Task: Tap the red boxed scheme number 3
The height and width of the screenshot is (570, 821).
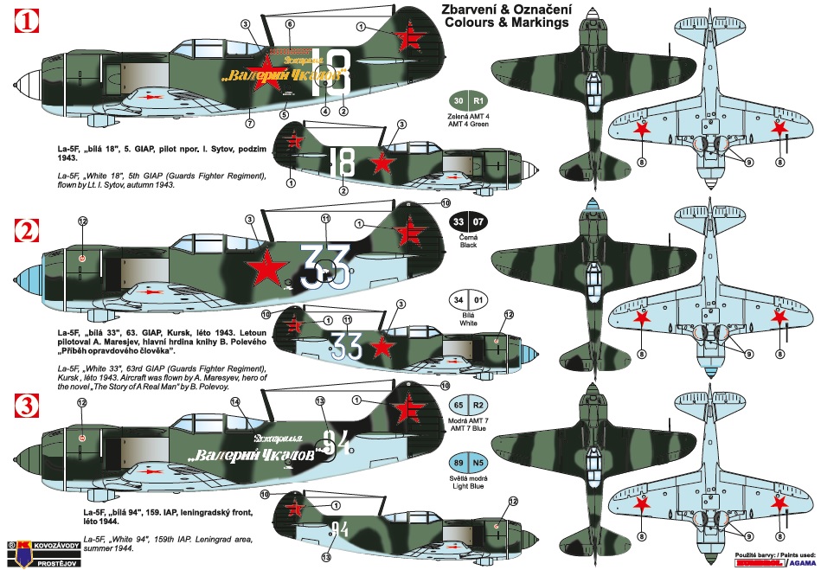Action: coord(27,404)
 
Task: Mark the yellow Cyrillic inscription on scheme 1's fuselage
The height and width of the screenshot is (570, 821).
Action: coord(284,74)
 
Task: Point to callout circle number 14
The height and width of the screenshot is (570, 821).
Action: coord(234,401)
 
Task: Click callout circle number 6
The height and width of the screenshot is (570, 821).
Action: coord(289,24)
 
